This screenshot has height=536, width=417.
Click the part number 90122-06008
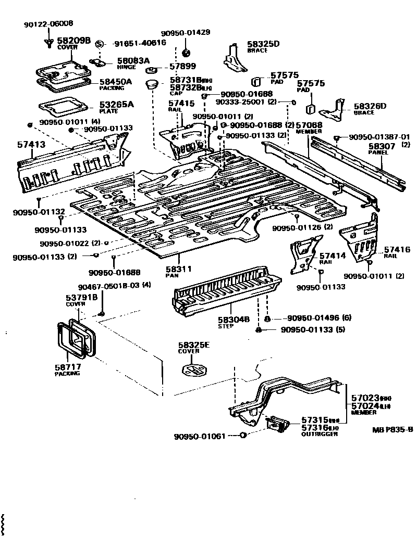[x=48, y=24]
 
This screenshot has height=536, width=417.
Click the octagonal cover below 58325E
[x=193, y=370]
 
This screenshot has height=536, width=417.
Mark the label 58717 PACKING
[x=67, y=370]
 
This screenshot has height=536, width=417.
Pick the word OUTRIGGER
[x=320, y=435]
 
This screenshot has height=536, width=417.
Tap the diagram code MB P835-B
[x=393, y=430]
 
